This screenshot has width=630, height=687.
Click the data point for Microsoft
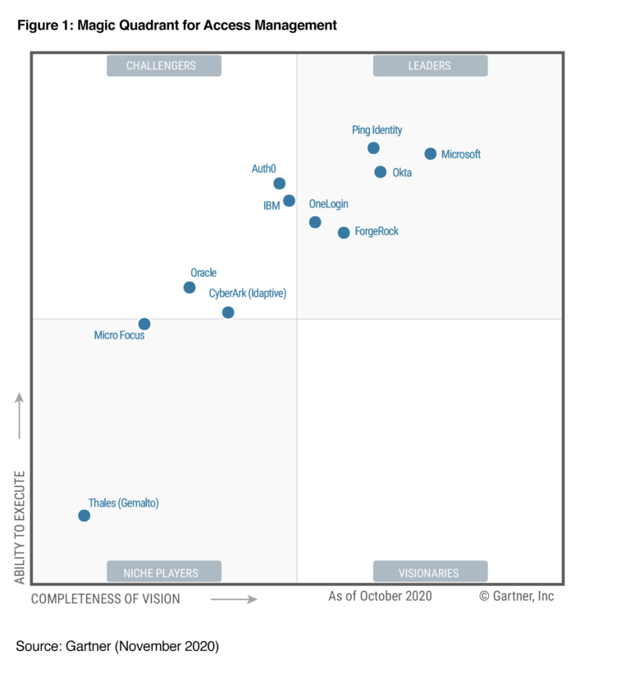430,154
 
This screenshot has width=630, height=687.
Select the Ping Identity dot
373,148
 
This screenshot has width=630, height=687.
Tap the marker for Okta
380,172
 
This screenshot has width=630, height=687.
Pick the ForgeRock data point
344,233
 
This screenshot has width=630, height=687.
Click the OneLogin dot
315,222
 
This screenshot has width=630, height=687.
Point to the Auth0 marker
279,184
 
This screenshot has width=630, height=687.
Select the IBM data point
289,201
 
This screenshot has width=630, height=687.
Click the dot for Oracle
189,288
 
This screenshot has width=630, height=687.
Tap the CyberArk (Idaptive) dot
228,312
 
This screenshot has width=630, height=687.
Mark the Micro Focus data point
144,324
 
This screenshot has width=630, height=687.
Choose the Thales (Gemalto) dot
84,516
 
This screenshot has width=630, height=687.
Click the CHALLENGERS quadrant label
164,66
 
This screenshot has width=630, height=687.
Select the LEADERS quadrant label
430,66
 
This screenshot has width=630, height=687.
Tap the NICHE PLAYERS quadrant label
164,571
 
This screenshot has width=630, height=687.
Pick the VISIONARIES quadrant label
430,571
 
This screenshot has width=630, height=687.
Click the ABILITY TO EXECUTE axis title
21,526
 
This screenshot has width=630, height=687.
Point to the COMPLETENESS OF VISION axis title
105,599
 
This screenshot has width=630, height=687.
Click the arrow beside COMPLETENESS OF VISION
234,599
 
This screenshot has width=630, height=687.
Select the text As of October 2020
380,596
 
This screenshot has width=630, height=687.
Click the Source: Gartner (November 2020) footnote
117,647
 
